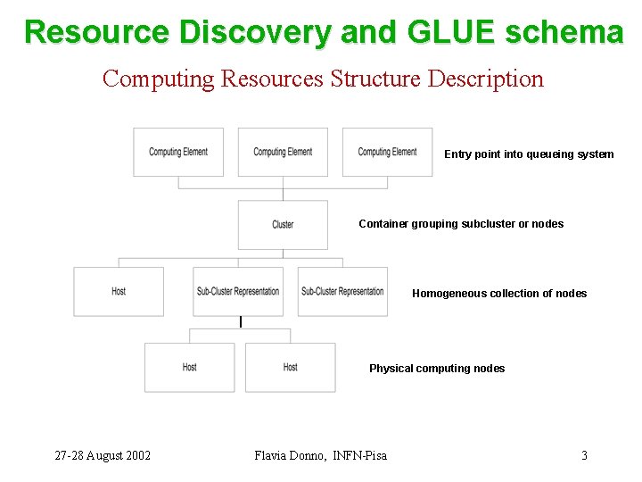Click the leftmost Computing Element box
coord(178,153)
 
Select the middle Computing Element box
coord(283,153)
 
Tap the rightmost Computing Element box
coord(387,153)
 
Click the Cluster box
coord(283,225)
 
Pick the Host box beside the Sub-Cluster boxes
coord(119,292)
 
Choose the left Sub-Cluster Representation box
coord(237,292)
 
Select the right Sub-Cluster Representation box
coord(342,292)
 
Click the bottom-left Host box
coord(189,368)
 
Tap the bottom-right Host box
coord(291,368)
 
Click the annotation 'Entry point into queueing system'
coord(529,154)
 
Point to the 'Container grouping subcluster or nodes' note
coord(461,224)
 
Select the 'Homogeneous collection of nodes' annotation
coord(499,294)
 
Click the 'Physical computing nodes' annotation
coord(437,369)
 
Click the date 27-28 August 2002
coord(103,456)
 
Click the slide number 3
coord(584,456)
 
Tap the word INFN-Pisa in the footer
coord(360,456)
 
